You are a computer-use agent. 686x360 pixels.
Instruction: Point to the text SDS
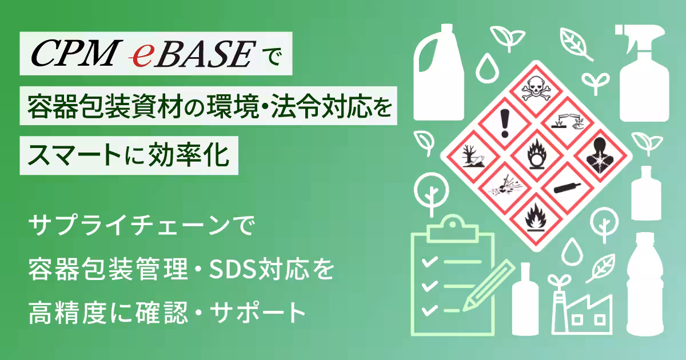tap(226, 268)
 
